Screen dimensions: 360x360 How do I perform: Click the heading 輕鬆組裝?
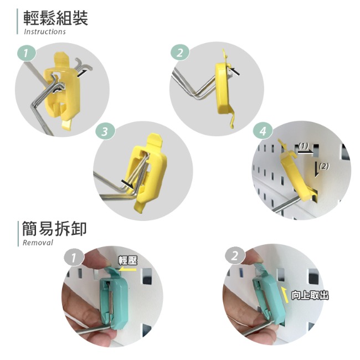click(x=55, y=18)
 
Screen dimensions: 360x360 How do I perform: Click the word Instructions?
click(x=45, y=32)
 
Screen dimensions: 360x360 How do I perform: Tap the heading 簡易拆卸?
click(x=54, y=229)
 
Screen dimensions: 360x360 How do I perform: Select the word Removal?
click(x=38, y=243)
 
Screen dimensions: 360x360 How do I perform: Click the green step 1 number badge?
click(x=27, y=54)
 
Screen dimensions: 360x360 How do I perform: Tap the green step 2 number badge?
click(x=180, y=53)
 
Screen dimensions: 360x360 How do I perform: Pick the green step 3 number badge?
click(x=105, y=132)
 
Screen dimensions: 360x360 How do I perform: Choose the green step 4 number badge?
click(x=263, y=131)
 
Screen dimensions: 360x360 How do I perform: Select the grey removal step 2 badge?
click(x=235, y=256)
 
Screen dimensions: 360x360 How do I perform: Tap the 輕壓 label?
click(x=128, y=261)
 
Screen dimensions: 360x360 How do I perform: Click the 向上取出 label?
click(x=310, y=295)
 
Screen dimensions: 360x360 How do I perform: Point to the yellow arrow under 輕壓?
click(x=127, y=269)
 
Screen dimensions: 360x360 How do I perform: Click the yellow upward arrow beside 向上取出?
click(x=285, y=295)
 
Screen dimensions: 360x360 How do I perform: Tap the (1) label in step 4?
click(x=303, y=146)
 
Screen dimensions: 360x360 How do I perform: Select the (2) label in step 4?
click(x=324, y=166)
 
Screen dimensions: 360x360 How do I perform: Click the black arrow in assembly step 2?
click(x=235, y=71)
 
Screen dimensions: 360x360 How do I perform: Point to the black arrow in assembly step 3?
click(x=127, y=184)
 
